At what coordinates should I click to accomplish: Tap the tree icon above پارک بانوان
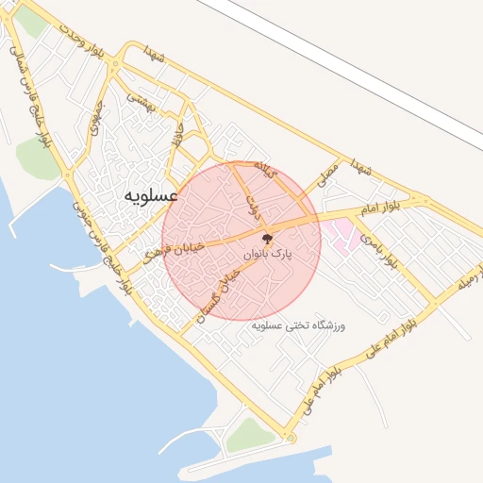point(268,238)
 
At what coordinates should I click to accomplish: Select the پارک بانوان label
point(269,255)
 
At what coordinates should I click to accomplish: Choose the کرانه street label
point(264,170)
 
